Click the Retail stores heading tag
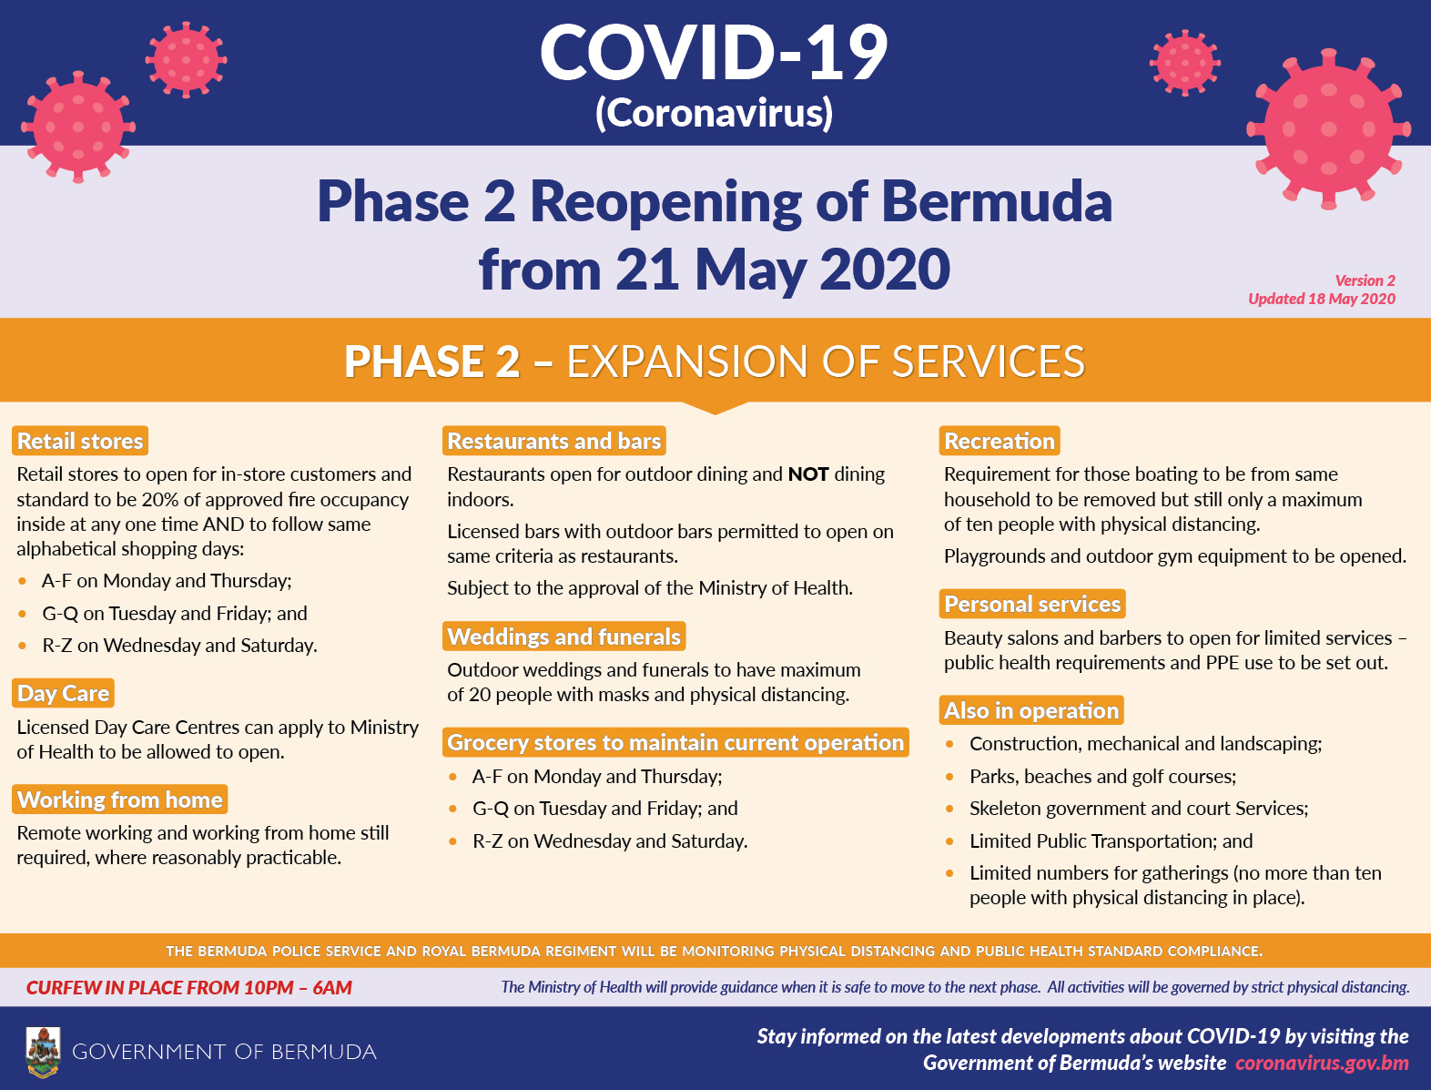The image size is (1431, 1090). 80,441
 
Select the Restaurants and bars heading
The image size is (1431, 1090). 554,441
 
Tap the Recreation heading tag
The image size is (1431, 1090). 1000,441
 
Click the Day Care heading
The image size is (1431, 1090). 63,693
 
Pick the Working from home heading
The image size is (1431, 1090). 120,800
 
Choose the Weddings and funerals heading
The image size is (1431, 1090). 563,637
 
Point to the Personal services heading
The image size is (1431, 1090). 1032,604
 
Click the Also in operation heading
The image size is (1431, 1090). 1031,710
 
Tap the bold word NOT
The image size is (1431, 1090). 808,474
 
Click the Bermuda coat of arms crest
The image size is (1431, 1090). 43,1052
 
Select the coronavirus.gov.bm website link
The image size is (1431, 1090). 1322,1064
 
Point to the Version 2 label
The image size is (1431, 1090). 1365,280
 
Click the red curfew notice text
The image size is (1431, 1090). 189,988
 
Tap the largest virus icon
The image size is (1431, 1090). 1329,129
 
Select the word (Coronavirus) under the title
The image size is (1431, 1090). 714,112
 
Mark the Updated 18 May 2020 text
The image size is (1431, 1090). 1322,299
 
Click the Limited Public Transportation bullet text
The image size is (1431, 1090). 1111,841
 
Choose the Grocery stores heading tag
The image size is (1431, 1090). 675,742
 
